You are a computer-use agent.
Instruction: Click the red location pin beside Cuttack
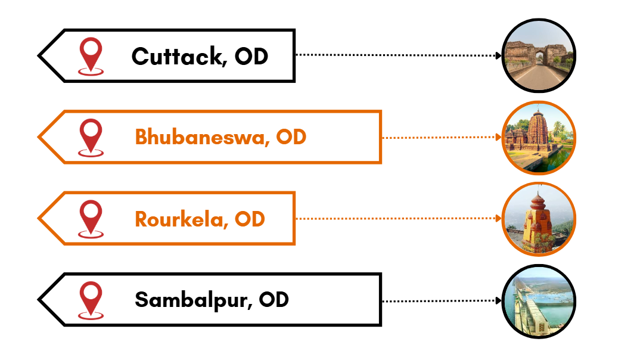click(91, 55)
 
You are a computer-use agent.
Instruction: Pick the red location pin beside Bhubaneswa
click(91, 136)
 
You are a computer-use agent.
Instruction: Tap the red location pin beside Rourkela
click(91, 218)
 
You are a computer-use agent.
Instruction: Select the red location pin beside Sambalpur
click(91, 299)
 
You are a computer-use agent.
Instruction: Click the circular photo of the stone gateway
click(539, 55)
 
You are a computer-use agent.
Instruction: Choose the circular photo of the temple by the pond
click(539, 137)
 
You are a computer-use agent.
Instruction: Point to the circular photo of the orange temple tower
click(539, 219)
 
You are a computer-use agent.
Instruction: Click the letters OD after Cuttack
click(251, 57)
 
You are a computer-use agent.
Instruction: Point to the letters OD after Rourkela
click(250, 219)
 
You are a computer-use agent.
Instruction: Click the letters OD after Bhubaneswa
click(291, 137)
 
